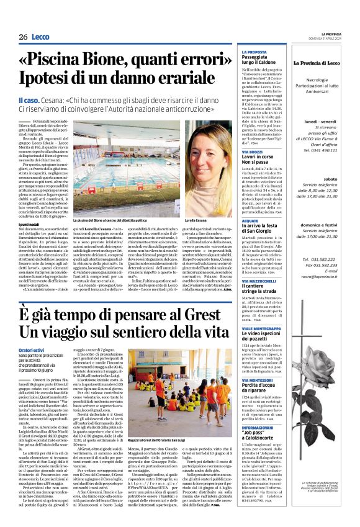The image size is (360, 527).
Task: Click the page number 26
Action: click(x=24, y=37)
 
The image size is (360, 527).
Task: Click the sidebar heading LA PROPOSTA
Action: click(x=254, y=52)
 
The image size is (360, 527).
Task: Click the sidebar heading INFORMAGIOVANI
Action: click(x=260, y=410)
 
